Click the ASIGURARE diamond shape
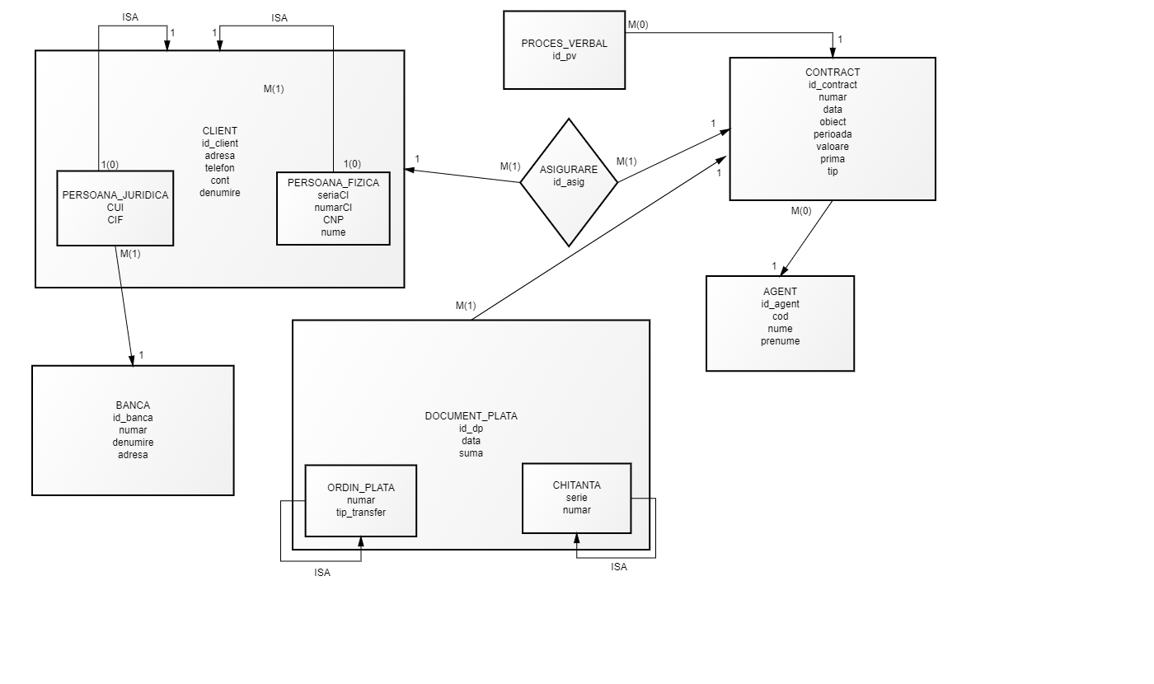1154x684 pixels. coord(569,182)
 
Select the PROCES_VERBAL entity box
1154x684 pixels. coord(564,50)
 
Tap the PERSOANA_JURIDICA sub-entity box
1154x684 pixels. coord(115,208)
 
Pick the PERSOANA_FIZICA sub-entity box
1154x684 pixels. coord(333,208)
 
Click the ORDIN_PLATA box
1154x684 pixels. coord(361,501)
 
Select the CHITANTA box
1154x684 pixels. coord(576,498)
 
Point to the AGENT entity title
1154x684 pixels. coord(780,292)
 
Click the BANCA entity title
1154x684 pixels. coord(133,405)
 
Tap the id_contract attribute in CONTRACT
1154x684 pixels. coord(833,85)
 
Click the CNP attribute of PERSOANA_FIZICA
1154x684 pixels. coord(333,220)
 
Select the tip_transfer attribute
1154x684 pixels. coord(361,513)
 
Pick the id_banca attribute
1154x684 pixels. coord(133,418)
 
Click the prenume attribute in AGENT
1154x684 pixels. coord(780,341)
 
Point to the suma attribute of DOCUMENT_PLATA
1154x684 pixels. coord(471,453)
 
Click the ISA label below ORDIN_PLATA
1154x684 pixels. coord(322,573)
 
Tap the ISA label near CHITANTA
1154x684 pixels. coord(619,567)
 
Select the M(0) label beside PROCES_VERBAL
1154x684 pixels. coord(638,25)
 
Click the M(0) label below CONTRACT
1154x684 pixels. coord(801,211)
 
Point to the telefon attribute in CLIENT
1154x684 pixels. coord(219,168)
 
